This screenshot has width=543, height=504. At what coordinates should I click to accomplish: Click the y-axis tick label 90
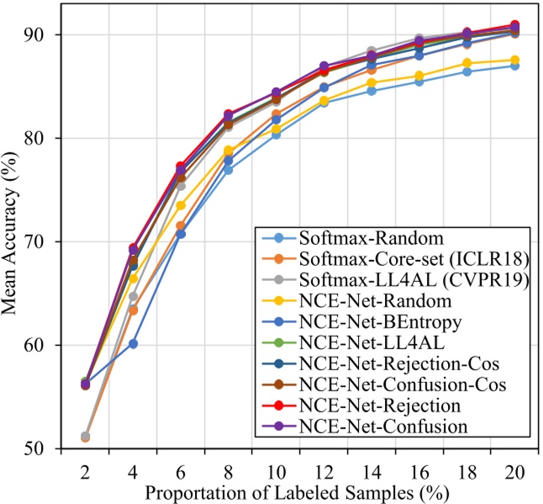[34, 34]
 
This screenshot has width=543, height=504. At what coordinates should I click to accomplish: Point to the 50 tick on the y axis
[34, 448]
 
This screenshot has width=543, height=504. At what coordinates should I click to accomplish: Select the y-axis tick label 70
[34, 241]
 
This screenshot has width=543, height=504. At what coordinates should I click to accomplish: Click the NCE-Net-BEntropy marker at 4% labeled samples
[133, 343]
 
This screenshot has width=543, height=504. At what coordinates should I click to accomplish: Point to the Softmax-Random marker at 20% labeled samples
[514, 66]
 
